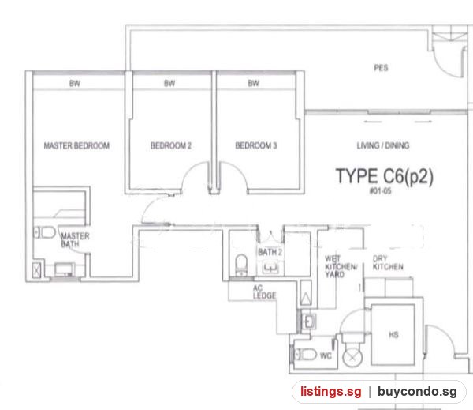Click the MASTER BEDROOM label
tap(76, 145)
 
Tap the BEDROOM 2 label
tap(171, 145)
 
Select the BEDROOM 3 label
tap(255, 145)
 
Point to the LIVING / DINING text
tap(383, 145)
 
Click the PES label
tap(381, 68)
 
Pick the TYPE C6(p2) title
tap(385, 176)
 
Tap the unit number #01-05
tap(381, 191)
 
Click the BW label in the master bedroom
tap(75, 84)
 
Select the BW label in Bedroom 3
tap(253, 84)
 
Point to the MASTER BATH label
tap(75, 240)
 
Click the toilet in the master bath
tap(44, 232)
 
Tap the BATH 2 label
tap(270, 252)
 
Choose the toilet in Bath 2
tap(241, 265)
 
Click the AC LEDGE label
tap(264, 292)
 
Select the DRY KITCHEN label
tap(388, 263)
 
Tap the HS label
tap(393, 335)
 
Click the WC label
tap(326, 355)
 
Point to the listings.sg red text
tap(330, 392)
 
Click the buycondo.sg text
tap(417, 392)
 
